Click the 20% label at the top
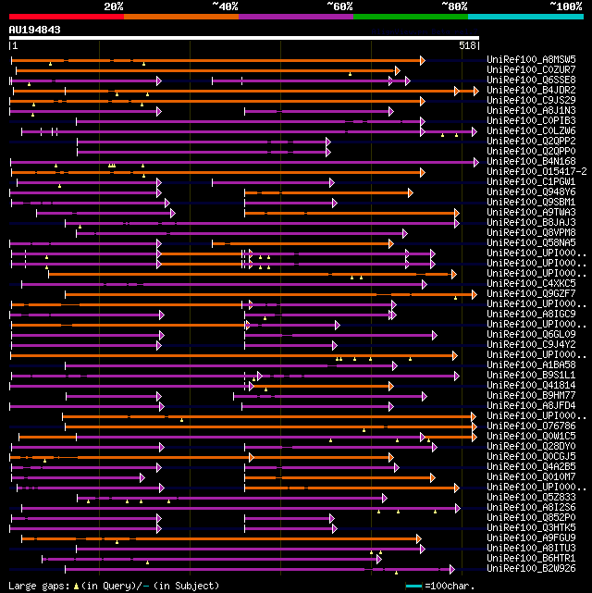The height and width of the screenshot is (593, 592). point(114,6)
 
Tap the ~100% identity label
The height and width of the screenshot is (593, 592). point(565,6)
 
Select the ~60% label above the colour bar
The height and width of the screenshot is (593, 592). point(339,6)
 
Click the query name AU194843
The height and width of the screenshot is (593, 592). point(35,30)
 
